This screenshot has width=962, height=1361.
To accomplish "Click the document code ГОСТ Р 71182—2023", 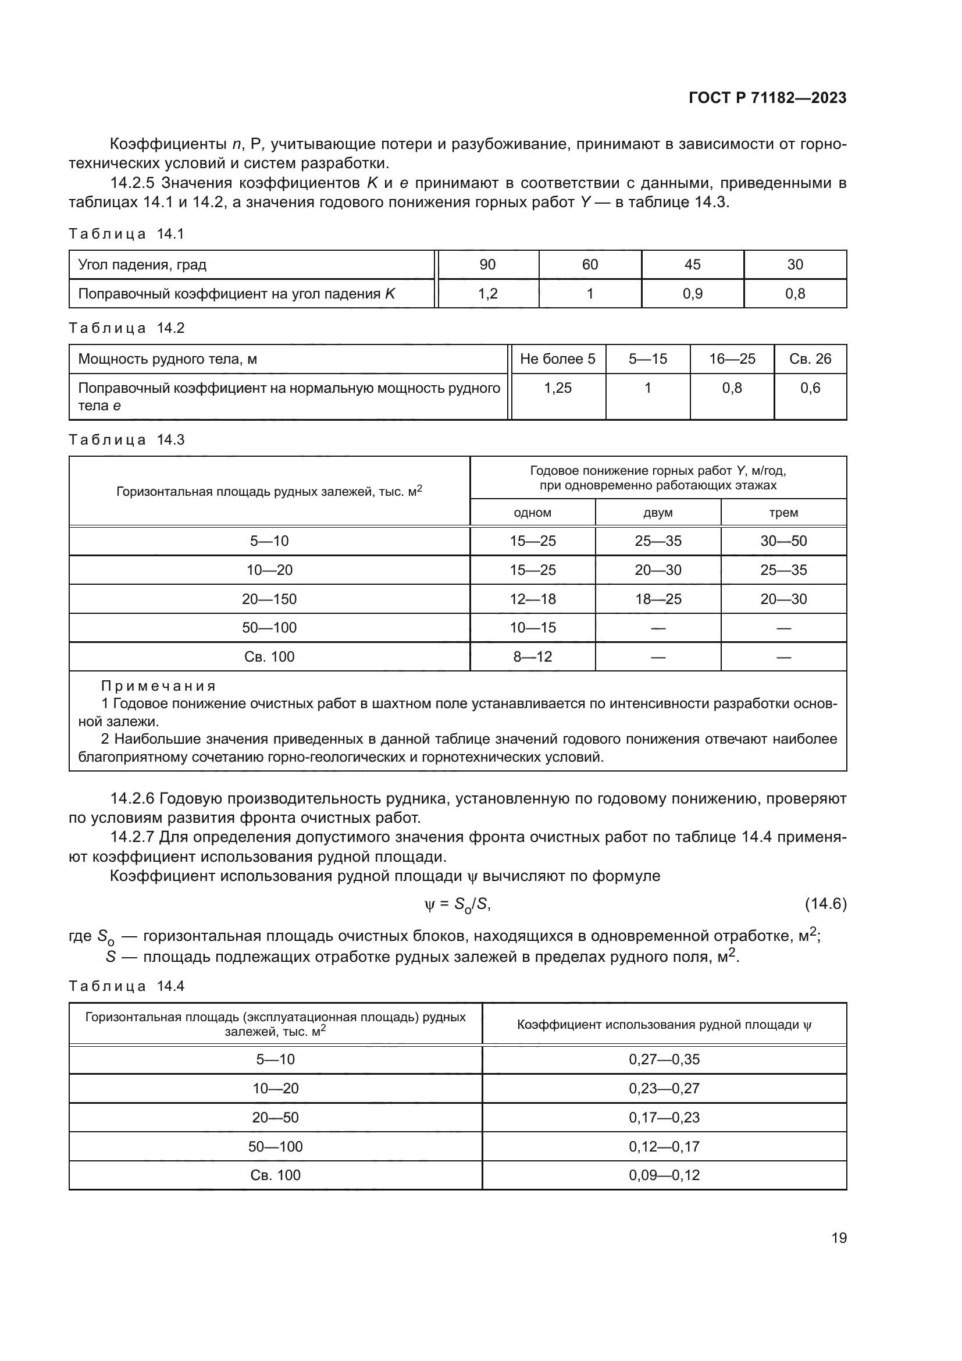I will [768, 98].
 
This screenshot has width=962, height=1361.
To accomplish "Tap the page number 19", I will [839, 1238].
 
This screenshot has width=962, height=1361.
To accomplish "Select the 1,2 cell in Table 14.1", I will [487, 293].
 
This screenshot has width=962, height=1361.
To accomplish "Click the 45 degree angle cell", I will [692, 264].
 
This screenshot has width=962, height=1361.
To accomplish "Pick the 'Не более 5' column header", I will [557, 358].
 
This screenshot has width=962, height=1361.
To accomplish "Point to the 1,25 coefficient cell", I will [557, 388].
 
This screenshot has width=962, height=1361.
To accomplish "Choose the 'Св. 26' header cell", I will [810, 358].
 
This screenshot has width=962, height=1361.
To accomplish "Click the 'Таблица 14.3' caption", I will [127, 440].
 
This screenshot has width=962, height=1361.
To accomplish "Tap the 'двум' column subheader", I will [658, 513].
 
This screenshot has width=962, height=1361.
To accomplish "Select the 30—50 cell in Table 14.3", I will [783, 541].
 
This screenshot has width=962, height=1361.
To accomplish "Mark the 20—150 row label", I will [269, 599].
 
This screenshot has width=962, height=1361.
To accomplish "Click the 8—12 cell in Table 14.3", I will [533, 657].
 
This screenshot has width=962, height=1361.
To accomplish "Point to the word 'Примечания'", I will [158, 686].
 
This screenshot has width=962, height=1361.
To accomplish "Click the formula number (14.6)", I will [825, 904].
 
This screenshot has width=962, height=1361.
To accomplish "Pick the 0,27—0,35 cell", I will [664, 1059].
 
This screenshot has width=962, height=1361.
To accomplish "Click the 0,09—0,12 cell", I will [664, 1175].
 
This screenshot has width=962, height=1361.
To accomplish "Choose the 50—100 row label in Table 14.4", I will [276, 1146].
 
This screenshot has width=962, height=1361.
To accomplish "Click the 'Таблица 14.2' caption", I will [127, 328].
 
